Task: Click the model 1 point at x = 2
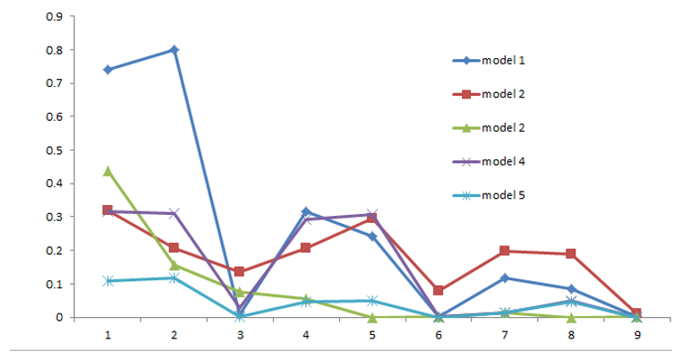click(175, 49)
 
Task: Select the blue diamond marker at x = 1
click(108, 69)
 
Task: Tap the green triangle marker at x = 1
click(108, 170)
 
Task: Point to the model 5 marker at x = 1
click(108, 280)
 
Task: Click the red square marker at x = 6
click(439, 290)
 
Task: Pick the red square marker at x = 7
click(505, 251)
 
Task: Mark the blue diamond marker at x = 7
click(505, 278)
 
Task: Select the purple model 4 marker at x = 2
click(175, 213)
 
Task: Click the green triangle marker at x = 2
click(175, 265)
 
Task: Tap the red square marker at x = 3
click(241, 271)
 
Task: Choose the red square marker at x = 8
click(570, 254)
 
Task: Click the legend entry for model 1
click(488, 60)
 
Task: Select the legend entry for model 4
click(488, 161)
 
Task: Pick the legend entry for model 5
click(488, 194)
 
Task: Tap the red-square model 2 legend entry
click(488, 94)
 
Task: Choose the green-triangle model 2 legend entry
click(488, 127)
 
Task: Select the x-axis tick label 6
click(439, 334)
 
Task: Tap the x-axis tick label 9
click(636, 334)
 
